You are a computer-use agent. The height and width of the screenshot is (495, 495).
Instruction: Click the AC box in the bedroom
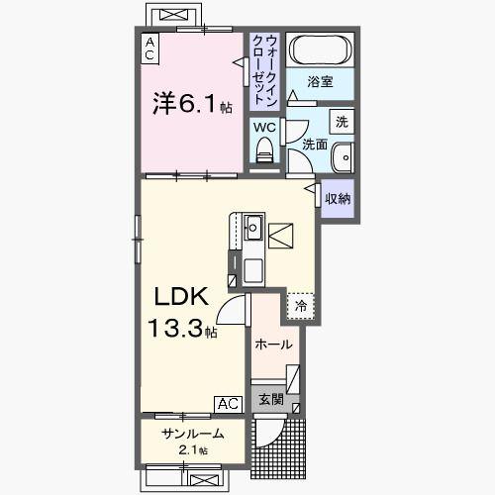pos(148,49)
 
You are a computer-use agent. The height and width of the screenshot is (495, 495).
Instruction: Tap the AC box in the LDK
pos(227,403)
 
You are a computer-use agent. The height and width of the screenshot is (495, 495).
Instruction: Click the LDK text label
pos(178,296)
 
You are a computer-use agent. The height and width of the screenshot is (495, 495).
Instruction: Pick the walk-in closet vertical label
pos(264,69)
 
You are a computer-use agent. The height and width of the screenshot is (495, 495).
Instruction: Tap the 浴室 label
pos(318,82)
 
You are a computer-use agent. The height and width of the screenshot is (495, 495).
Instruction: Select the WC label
pos(262,127)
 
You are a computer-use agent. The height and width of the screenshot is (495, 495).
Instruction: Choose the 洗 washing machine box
pos(340,122)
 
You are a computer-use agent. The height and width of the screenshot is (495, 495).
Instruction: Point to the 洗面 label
pos(314,145)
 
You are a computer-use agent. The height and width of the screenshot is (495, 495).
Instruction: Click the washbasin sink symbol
pos(342,157)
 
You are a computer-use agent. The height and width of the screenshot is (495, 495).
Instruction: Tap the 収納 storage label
pos(338,198)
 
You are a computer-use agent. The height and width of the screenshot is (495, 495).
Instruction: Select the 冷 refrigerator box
pos(300,306)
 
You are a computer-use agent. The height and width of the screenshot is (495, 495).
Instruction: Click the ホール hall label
pos(273,345)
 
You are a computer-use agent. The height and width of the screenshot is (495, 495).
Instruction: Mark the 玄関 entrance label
pos(271,400)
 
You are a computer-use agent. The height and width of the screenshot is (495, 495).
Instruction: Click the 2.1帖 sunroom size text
pos(194,450)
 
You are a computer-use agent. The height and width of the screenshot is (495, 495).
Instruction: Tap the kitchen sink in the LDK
pos(252,227)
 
